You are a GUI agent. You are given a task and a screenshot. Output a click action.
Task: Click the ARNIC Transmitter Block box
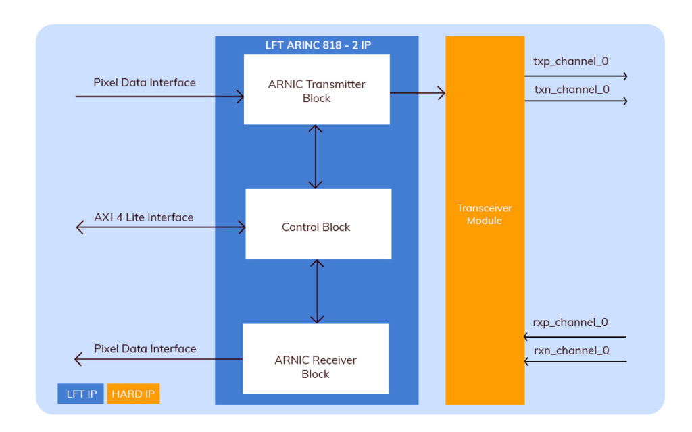316,90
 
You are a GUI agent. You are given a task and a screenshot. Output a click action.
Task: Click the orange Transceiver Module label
484,215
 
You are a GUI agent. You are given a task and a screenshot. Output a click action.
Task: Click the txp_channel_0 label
570,61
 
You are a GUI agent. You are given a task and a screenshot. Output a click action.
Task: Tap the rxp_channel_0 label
570,323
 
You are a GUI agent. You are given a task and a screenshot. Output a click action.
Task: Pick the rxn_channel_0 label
571,350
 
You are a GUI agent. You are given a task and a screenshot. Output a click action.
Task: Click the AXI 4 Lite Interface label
143,217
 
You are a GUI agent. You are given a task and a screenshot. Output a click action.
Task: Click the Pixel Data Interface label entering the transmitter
144,82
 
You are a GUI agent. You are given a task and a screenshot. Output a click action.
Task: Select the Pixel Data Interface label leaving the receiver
145,349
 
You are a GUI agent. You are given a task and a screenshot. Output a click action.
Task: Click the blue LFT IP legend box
81,394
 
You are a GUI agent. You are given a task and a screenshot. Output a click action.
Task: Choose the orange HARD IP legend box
132,394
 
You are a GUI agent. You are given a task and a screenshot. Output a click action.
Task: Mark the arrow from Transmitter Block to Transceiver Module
417,93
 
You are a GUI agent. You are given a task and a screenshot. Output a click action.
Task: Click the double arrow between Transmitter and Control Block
316,157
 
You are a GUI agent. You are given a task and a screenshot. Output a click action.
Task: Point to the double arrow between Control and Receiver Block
316,292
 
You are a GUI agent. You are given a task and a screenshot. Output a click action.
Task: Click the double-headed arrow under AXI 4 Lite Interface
161,228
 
